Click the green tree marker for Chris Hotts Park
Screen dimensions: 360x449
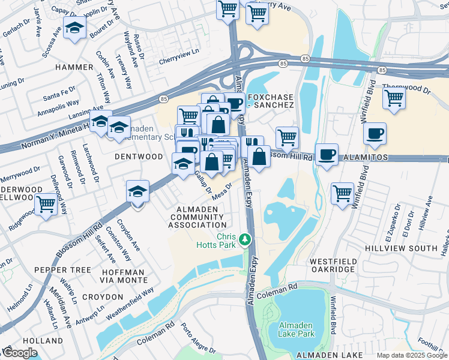[244, 239]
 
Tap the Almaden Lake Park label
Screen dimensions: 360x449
[297, 329]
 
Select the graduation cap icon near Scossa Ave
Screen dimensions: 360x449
[75, 28]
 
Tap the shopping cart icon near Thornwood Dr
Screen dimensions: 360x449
[394, 97]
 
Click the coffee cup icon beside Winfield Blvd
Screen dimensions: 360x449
[375, 133]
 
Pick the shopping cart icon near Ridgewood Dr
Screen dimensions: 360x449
[46, 203]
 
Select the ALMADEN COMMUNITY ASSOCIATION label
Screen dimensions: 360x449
[197, 217]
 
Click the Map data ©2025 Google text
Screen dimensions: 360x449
[412, 355]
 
